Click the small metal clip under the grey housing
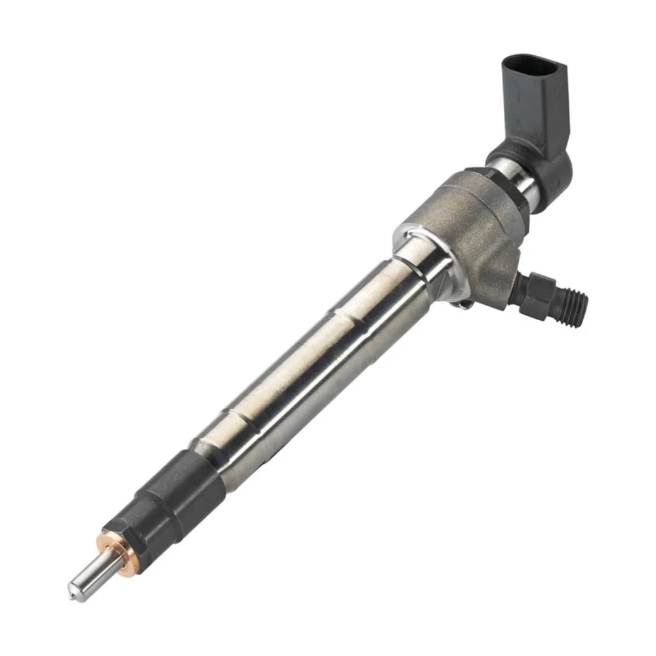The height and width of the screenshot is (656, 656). click(463, 303)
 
